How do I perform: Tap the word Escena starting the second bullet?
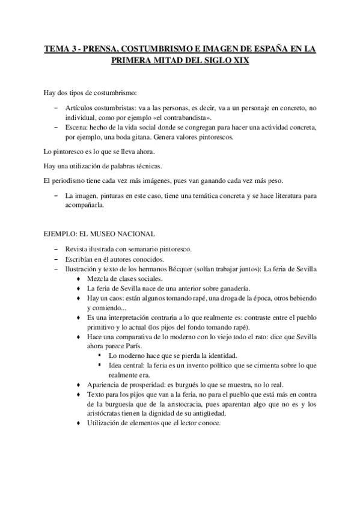click(75, 128)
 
